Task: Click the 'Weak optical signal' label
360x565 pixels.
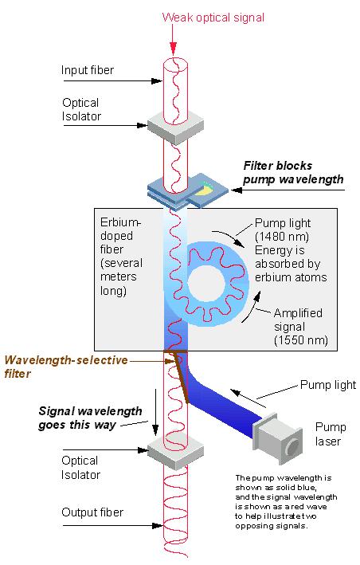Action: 213,18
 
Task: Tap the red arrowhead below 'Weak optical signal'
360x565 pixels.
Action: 174,49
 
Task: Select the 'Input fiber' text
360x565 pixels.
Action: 88,70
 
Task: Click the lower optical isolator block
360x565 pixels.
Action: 175,452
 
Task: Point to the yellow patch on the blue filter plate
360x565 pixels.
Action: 205,189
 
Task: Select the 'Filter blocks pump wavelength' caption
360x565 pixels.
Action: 293,173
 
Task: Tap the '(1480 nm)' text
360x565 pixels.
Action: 282,237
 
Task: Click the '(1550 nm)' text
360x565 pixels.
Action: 301,340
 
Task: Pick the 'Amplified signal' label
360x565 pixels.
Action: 298,320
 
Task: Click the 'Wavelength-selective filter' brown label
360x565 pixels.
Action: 66,367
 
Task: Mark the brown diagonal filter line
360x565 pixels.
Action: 182,377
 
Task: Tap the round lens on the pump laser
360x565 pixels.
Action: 292,447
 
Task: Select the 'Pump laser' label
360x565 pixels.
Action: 330,434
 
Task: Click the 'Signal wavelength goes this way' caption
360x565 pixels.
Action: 90,418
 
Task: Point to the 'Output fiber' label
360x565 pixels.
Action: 92,512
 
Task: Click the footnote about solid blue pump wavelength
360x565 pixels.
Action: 286,502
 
